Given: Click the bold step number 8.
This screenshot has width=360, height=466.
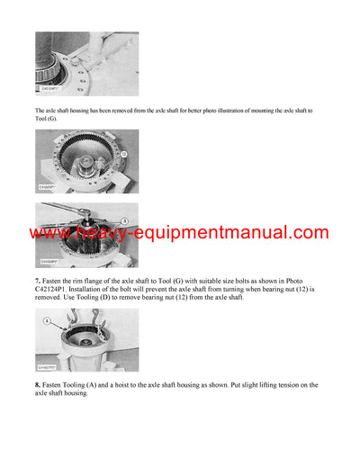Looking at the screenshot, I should [x=39, y=385].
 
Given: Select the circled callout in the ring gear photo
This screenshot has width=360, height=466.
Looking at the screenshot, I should [x=123, y=154].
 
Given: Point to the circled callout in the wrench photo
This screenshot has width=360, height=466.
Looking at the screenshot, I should [x=123, y=220].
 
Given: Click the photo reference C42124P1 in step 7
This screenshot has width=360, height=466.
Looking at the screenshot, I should [x=57, y=291].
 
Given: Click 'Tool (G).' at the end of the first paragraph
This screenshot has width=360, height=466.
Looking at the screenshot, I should [x=50, y=120].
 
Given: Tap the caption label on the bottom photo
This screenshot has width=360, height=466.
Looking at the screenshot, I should [x=50, y=367].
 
